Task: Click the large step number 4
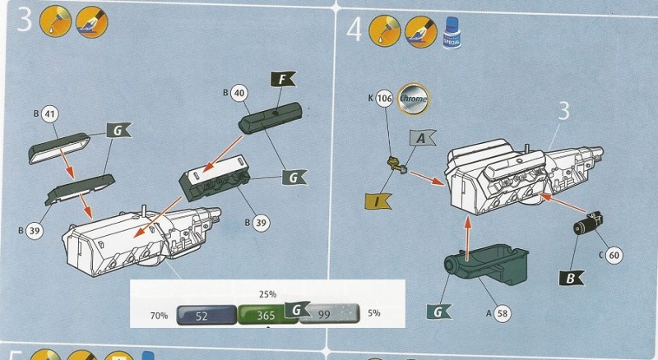coord(354,29)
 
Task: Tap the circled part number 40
coord(239,93)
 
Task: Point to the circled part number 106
coord(384,99)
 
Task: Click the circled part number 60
coord(614,256)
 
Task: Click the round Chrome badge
coord(412,99)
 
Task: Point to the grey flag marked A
coord(420,141)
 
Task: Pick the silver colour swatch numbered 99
coord(327,316)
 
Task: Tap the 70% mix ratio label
coord(159,316)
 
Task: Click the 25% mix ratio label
coord(267,293)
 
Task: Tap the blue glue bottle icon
coord(450,32)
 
